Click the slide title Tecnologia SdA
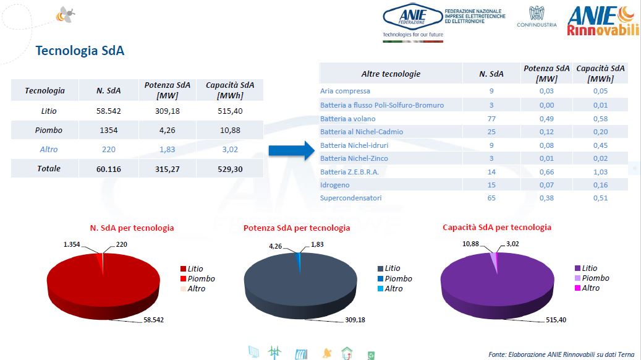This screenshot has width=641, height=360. (x=80, y=51)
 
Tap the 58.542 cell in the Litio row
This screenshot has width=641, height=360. (x=108, y=110)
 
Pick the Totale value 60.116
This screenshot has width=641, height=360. (x=108, y=168)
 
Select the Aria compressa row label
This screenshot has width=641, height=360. (x=345, y=91)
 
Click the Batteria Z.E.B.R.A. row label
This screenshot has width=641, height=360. (x=349, y=171)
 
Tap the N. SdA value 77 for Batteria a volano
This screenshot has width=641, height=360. (x=491, y=118)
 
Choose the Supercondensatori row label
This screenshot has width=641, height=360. (x=350, y=198)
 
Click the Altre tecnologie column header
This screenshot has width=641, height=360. (x=391, y=74)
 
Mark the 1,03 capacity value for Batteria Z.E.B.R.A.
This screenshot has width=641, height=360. (x=600, y=171)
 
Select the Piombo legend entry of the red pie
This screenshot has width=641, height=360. (x=201, y=278)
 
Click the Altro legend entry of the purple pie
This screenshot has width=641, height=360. (x=590, y=288)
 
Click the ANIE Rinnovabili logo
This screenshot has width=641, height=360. (x=602, y=21)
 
